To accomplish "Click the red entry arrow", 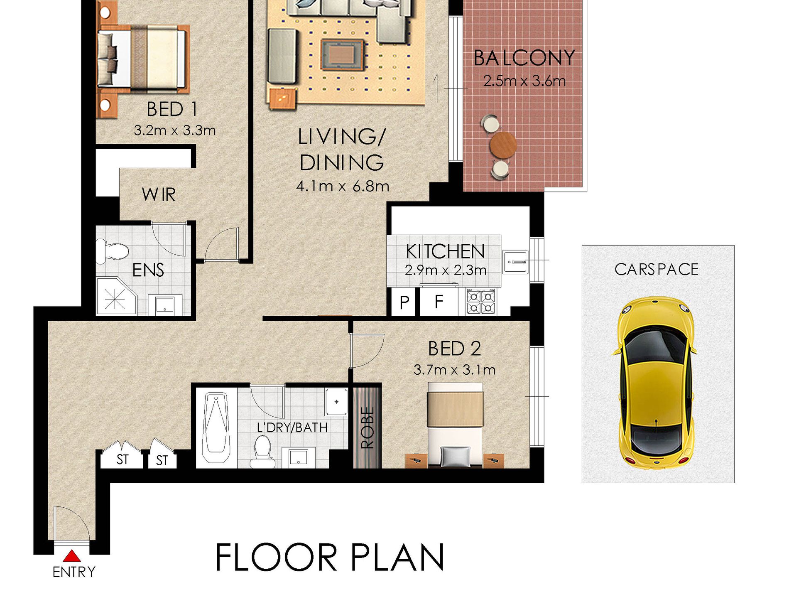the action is point(72,556).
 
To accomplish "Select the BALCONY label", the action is point(524,58).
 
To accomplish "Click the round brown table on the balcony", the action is point(503,145).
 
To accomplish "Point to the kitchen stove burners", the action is point(481,301).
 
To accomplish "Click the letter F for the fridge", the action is point(439,302).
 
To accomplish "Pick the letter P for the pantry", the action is point(404,303).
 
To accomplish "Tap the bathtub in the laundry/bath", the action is point(216,428).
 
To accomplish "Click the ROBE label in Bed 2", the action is point(367,427).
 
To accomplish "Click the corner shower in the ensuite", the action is point(116,296).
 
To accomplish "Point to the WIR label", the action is point(159,194).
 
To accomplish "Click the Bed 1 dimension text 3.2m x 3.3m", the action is point(175,130).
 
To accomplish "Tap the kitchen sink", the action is point(515,262).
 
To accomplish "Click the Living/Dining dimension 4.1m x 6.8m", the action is point(343,186).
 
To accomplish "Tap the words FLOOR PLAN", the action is point(330,557).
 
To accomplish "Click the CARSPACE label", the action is point(657,270).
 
